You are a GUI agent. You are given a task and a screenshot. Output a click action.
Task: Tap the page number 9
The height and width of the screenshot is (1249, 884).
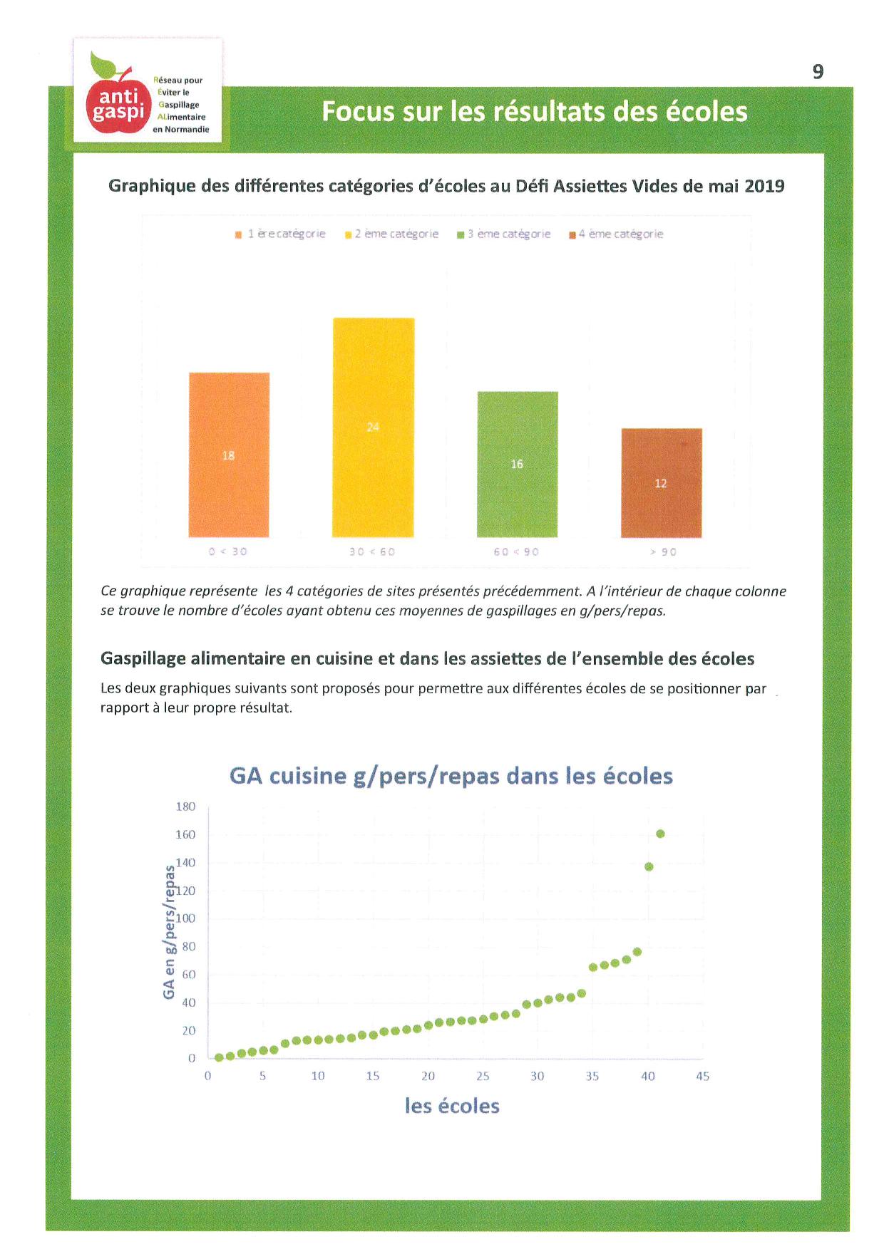[x=818, y=71]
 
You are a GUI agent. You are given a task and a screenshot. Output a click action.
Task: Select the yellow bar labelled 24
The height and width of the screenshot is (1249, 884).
[x=373, y=427]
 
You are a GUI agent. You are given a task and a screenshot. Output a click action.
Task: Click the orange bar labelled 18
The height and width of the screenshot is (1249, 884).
[x=229, y=455]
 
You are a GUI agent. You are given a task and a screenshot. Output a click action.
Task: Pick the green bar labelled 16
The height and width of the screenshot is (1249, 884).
[x=517, y=464]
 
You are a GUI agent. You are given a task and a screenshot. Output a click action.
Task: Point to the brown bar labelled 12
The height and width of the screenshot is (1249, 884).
[x=661, y=483]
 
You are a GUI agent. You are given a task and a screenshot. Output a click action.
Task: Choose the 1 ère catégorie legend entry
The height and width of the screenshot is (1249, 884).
[x=280, y=234]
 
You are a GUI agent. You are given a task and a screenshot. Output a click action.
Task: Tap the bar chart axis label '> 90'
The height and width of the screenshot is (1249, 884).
[x=663, y=551]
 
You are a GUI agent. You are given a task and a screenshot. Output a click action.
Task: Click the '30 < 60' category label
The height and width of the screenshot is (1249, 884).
[x=372, y=551]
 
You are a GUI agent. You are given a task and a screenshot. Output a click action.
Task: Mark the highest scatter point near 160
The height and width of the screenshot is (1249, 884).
[x=660, y=834]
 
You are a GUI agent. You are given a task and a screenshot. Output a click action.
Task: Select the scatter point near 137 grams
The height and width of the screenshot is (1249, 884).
[x=649, y=866]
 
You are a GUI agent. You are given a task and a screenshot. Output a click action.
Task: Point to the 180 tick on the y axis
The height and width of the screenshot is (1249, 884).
[x=185, y=807]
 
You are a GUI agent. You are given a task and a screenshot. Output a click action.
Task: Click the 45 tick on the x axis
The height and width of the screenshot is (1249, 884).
[x=702, y=1076]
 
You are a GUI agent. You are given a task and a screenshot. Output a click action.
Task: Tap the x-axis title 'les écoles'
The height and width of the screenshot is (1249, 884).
[x=452, y=1106]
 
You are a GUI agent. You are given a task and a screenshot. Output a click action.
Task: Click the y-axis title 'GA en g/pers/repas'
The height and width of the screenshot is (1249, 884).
[x=169, y=932]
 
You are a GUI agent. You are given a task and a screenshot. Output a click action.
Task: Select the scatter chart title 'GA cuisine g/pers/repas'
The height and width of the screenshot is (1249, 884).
[x=451, y=776]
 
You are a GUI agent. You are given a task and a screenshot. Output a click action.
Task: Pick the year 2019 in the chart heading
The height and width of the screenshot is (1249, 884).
[x=764, y=186]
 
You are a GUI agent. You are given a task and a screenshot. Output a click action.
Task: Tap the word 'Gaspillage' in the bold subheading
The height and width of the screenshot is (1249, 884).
[x=143, y=658]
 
